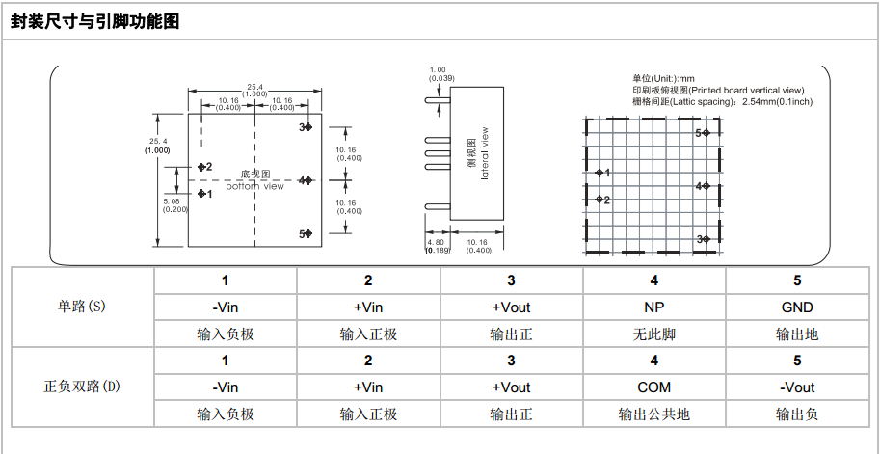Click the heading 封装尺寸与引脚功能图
click(x=95, y=22)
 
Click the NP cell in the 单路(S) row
click(x=654, y=307)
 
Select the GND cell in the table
click(x=797, y=307)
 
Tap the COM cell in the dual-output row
click(x=654, y=387)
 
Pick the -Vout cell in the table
click(x=797, y=387)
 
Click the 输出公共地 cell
click(x=654, y=414)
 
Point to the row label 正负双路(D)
click(x=83, y=387)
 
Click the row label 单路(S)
click(x=83, y=307)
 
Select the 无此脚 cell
click(x=654, y=334)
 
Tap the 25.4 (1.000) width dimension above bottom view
click(x=254, y=90)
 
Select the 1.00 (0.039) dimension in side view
click(x=438, y=74)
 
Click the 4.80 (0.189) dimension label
click(x=438, y=247)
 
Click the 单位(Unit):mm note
click(x=663, y=78)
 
